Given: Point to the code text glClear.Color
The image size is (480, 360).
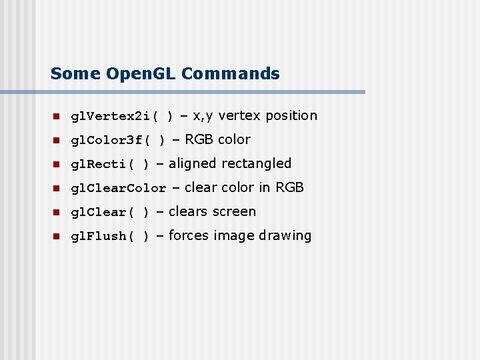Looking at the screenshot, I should point(118,189).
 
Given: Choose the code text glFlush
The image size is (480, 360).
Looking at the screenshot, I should point(97,237).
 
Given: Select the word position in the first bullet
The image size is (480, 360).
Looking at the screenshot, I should point(291,116).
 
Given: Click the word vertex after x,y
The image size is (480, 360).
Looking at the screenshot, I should point(239,116).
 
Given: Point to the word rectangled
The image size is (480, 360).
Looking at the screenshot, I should point(256,164).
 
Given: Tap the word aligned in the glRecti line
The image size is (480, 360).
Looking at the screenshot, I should point(193,164).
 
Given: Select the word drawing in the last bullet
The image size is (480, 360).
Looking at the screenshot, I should point(285,236).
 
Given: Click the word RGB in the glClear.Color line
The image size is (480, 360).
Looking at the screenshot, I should point(289,188).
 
